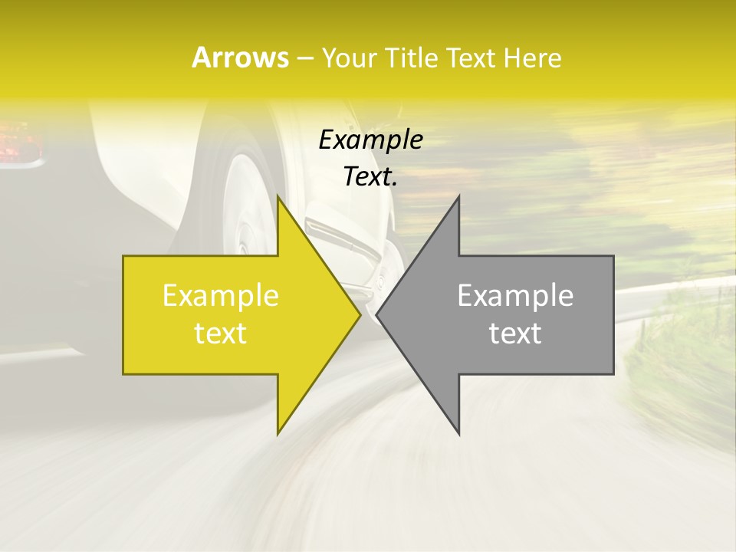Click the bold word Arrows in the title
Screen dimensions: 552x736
[240, 58]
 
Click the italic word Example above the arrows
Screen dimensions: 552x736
[370, 140]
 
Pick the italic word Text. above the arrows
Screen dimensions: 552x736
[370, 177]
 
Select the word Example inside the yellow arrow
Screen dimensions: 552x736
[221, 296]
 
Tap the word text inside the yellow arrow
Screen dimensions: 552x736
[221, 333]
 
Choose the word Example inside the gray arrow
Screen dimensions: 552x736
[515, 296]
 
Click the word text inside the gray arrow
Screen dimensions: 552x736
[515, 333]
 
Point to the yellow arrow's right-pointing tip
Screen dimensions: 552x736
[359, 314]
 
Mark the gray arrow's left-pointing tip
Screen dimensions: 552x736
[378, 314]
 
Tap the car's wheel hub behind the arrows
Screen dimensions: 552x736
[244, 230]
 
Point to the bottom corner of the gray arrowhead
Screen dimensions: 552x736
[458, 432]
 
